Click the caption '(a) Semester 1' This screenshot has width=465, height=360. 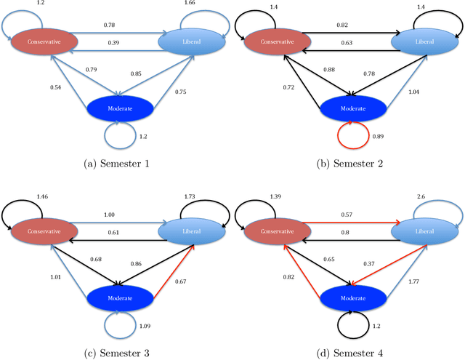coord(117,165)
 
